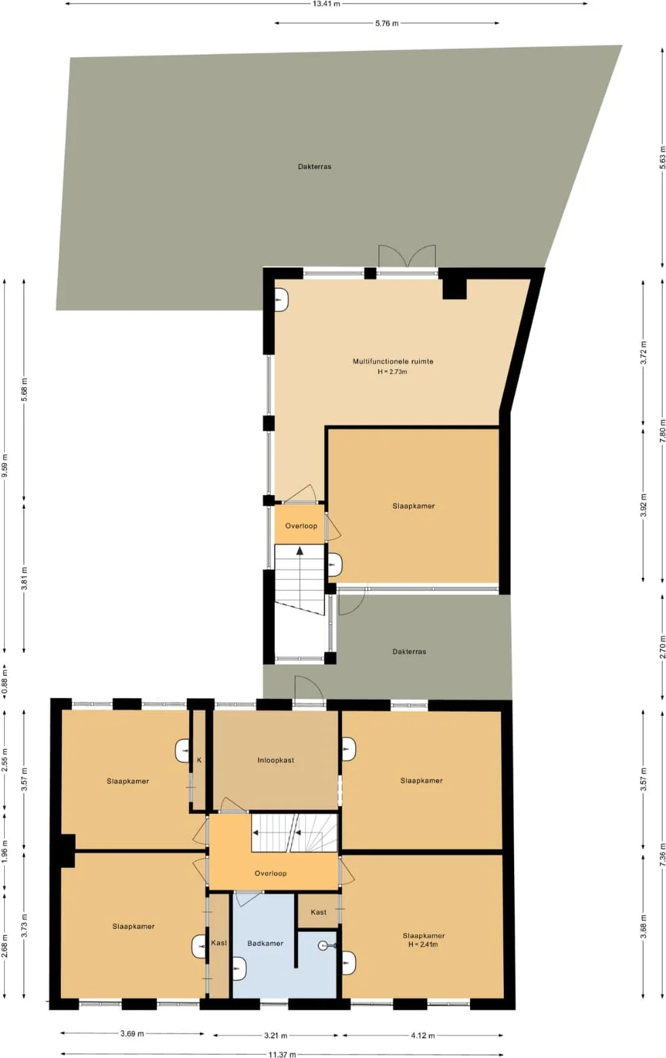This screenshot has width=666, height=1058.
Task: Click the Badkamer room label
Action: point(265,943)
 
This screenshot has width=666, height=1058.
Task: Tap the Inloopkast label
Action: point(275,760)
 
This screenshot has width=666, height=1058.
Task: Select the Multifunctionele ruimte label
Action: point(393,361)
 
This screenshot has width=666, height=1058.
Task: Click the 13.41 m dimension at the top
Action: point(326,4)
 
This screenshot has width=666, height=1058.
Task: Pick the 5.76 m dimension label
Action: point(387,23)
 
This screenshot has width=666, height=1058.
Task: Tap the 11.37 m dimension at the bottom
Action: point(282,1054)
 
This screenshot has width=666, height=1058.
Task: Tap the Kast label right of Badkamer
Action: point(318,912)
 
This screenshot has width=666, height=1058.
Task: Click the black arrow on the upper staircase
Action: point(300,551)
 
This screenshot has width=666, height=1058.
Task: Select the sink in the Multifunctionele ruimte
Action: point(282,300)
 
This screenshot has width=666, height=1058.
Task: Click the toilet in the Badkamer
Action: point(326,945)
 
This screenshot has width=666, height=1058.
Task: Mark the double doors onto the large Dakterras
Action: point(407,258)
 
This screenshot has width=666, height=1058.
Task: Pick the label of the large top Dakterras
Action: point(315,166)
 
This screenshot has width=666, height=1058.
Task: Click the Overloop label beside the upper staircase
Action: point(301,526)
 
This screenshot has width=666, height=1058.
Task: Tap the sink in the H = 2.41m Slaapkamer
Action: point(349,962)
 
